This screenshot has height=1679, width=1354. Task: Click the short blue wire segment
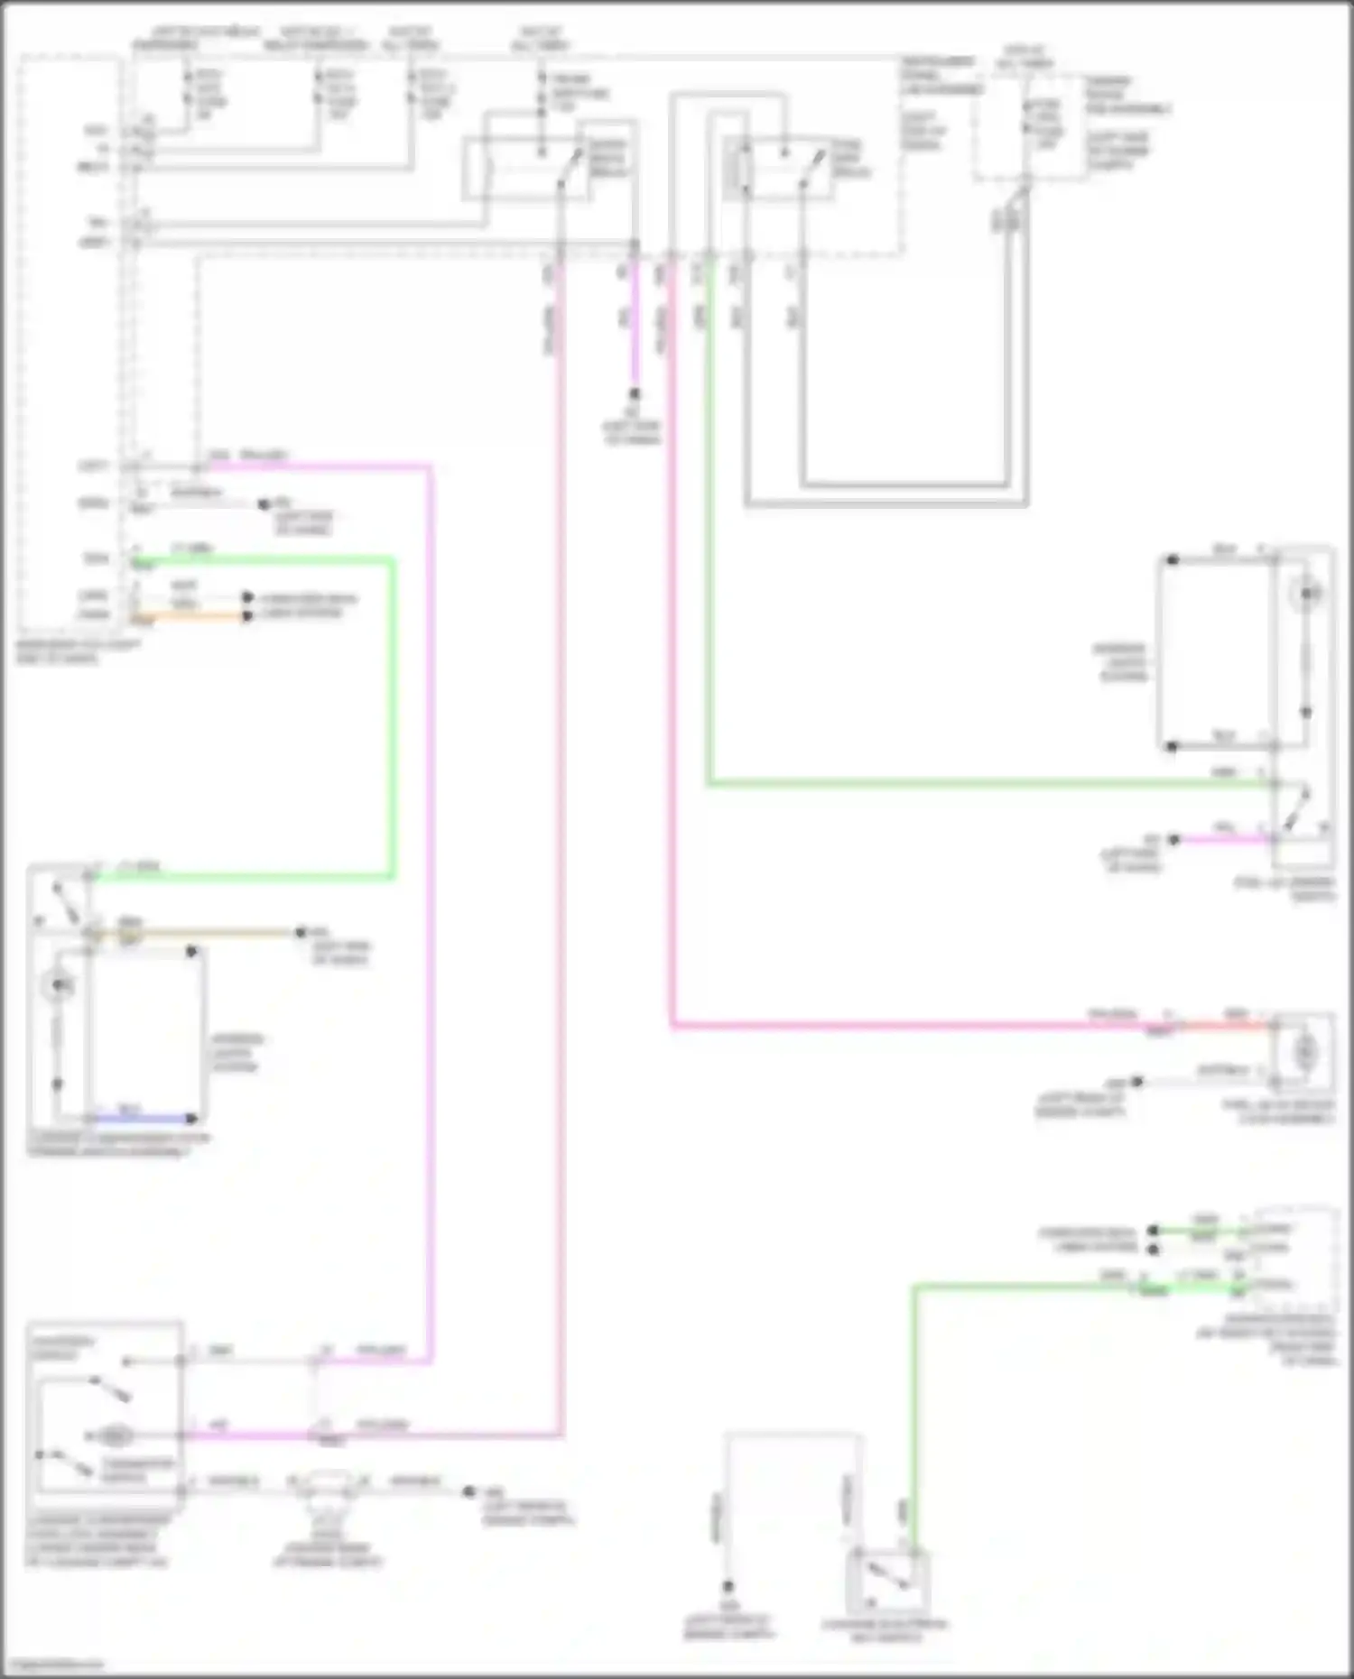point(144,1119)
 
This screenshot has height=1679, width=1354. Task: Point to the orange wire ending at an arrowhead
point(190,617)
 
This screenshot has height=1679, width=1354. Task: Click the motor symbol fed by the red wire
point(1304,1052)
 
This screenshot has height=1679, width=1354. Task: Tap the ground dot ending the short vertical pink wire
point(635,394)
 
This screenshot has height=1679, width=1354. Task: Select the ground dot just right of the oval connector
point(468,1492)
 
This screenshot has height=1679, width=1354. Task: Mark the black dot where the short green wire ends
point(1153,1231)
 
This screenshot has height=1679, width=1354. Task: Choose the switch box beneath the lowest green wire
point(887,1578)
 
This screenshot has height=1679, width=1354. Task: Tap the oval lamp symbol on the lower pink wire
point(115,1435)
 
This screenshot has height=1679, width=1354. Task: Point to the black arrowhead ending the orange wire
point(247,617)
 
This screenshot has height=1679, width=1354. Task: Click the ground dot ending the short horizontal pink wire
point(1173,840)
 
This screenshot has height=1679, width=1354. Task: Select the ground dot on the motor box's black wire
point(1137,1081)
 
